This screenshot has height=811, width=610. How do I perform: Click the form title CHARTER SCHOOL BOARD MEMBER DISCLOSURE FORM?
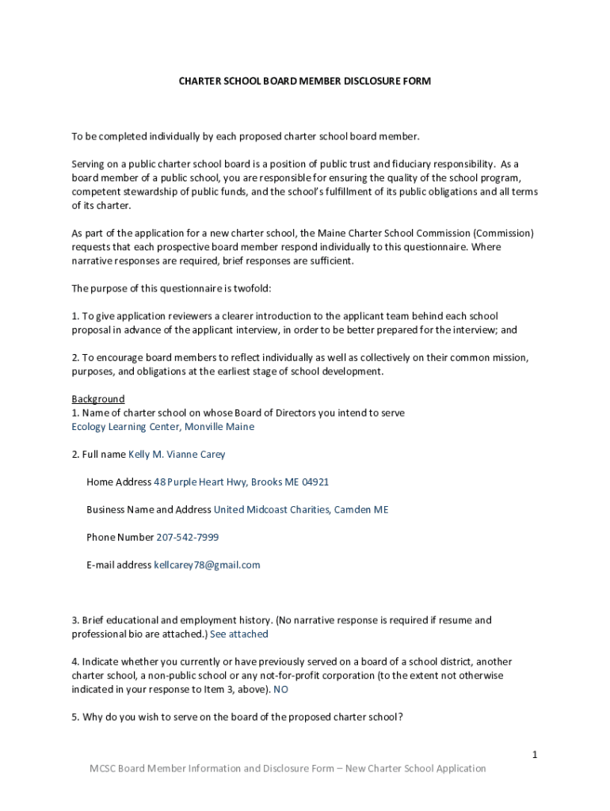[x=304, y=82]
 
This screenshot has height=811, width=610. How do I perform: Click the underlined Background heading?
[x=98, y=399]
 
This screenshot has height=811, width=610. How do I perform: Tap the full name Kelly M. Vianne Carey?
[x=177, y=455]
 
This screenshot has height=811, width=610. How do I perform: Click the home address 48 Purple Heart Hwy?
[x=200, y=482]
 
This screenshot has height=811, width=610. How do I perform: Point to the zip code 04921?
[x=315, y=482]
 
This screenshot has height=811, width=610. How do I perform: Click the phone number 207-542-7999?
[x=187, y=538]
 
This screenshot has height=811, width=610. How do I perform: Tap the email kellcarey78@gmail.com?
[x=207, y=565]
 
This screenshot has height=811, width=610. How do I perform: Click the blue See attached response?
[x=238, y=634]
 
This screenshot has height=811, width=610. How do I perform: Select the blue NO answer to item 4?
[x=280, y=690]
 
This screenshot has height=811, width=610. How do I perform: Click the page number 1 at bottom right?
[x=535, y=755]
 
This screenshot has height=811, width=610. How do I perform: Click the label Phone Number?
[x=120, y=538]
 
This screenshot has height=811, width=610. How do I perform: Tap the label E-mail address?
[x=119, y=565]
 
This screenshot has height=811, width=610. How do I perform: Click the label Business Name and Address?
[x=149, y=510]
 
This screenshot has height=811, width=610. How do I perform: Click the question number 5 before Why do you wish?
[x=74, y=718]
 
